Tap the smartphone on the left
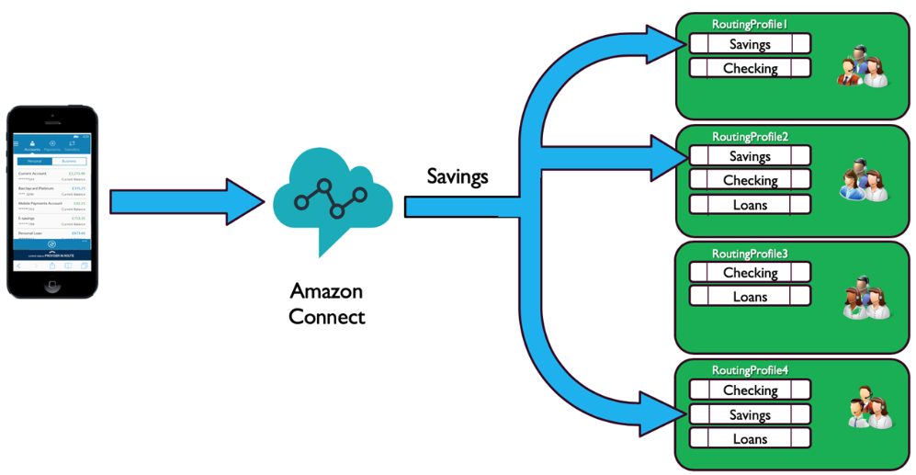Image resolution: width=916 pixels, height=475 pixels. click(x=51, y=201)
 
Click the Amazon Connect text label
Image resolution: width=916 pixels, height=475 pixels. click(x=326, y=304)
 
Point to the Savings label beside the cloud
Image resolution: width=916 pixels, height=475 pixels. click(x=457, y=175)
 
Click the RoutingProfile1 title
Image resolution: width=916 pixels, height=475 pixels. click(x=750, y=23)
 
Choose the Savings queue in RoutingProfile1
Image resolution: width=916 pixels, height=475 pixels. click(x=750, y=44)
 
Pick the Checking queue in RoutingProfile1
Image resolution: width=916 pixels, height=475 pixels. click(x=750, y=68)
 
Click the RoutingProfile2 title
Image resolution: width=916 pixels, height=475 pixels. click(x=750, y=137)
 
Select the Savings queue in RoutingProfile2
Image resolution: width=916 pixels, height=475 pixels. click(x=750, y=157)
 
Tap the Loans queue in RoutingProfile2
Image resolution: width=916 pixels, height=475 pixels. click(x=750, y=205)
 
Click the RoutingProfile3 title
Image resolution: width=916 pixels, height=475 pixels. click(x=750, y=253)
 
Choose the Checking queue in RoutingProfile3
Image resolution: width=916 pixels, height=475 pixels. click(x=750, y=273)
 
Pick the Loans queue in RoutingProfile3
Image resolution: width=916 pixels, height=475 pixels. click(x=750, y=297)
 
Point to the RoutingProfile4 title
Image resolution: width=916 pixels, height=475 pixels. click(x=750, y=370)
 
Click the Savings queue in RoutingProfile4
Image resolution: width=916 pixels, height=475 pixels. click(x=750, y=415)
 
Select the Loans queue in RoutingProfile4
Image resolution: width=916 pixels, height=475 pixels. click(x=750, y=439)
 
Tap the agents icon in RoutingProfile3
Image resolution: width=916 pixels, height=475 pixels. click(x=864, y=298)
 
